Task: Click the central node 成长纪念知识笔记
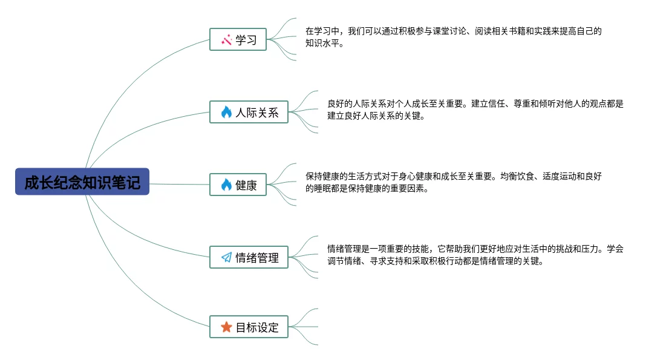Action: pos(82,182)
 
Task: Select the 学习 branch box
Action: pos(238,39)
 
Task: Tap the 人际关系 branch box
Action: pos(249,112)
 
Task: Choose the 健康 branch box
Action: pos(238,185)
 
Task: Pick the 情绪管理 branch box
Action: pos(249,257)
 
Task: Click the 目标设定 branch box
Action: pos(249,327)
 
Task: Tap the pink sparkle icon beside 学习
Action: pos(227,40)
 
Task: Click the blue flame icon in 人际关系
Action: pos(226,112)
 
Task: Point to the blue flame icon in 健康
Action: pos(226,185)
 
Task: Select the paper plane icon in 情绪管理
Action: pos(226,258)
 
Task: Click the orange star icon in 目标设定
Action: pos(226,327)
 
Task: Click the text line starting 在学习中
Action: pos(454,31)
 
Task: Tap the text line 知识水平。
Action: pos(325,44)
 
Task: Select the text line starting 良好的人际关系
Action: pos(475,103)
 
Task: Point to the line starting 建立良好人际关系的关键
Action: pos(376,116)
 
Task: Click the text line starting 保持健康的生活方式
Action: pos(454,176)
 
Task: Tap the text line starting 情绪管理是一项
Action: pos(475,249)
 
